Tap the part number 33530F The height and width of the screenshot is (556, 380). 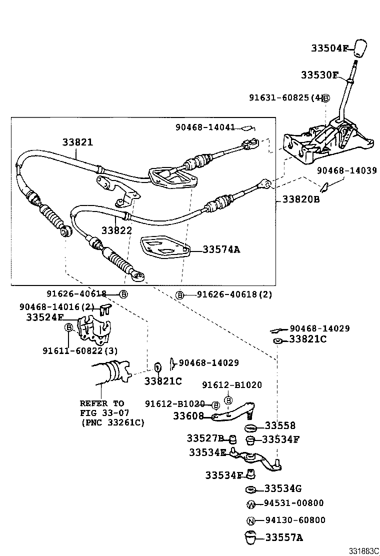319,75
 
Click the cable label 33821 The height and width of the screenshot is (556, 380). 77,142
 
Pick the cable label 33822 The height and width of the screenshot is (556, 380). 116,230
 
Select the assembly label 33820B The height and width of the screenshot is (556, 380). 300,199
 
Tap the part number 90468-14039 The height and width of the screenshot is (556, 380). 347,170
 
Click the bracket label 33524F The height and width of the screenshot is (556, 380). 45,317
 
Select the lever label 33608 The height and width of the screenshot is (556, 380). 188,415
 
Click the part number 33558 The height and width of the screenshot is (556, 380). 280,426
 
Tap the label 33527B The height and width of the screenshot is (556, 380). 205,438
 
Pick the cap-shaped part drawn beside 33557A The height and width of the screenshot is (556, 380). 250,538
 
